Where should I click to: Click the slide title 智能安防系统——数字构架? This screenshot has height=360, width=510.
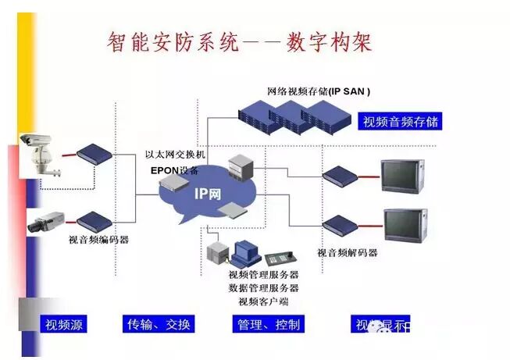click(240, 41)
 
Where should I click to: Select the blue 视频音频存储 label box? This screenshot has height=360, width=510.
click(401, 122)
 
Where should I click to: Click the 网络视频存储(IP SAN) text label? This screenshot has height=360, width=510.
click(319, 91)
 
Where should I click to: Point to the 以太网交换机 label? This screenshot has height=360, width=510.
click(177, 155)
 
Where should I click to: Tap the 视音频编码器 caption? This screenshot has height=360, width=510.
click(99, 240)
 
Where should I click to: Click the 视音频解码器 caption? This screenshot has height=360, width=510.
click(348, 253)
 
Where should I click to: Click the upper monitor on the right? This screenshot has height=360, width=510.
click(401, 176)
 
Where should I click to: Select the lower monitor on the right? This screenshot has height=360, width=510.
click(405, 225)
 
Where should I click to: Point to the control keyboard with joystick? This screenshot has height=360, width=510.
click(279, 258)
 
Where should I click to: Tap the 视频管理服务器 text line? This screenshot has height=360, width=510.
click(263, 275)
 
